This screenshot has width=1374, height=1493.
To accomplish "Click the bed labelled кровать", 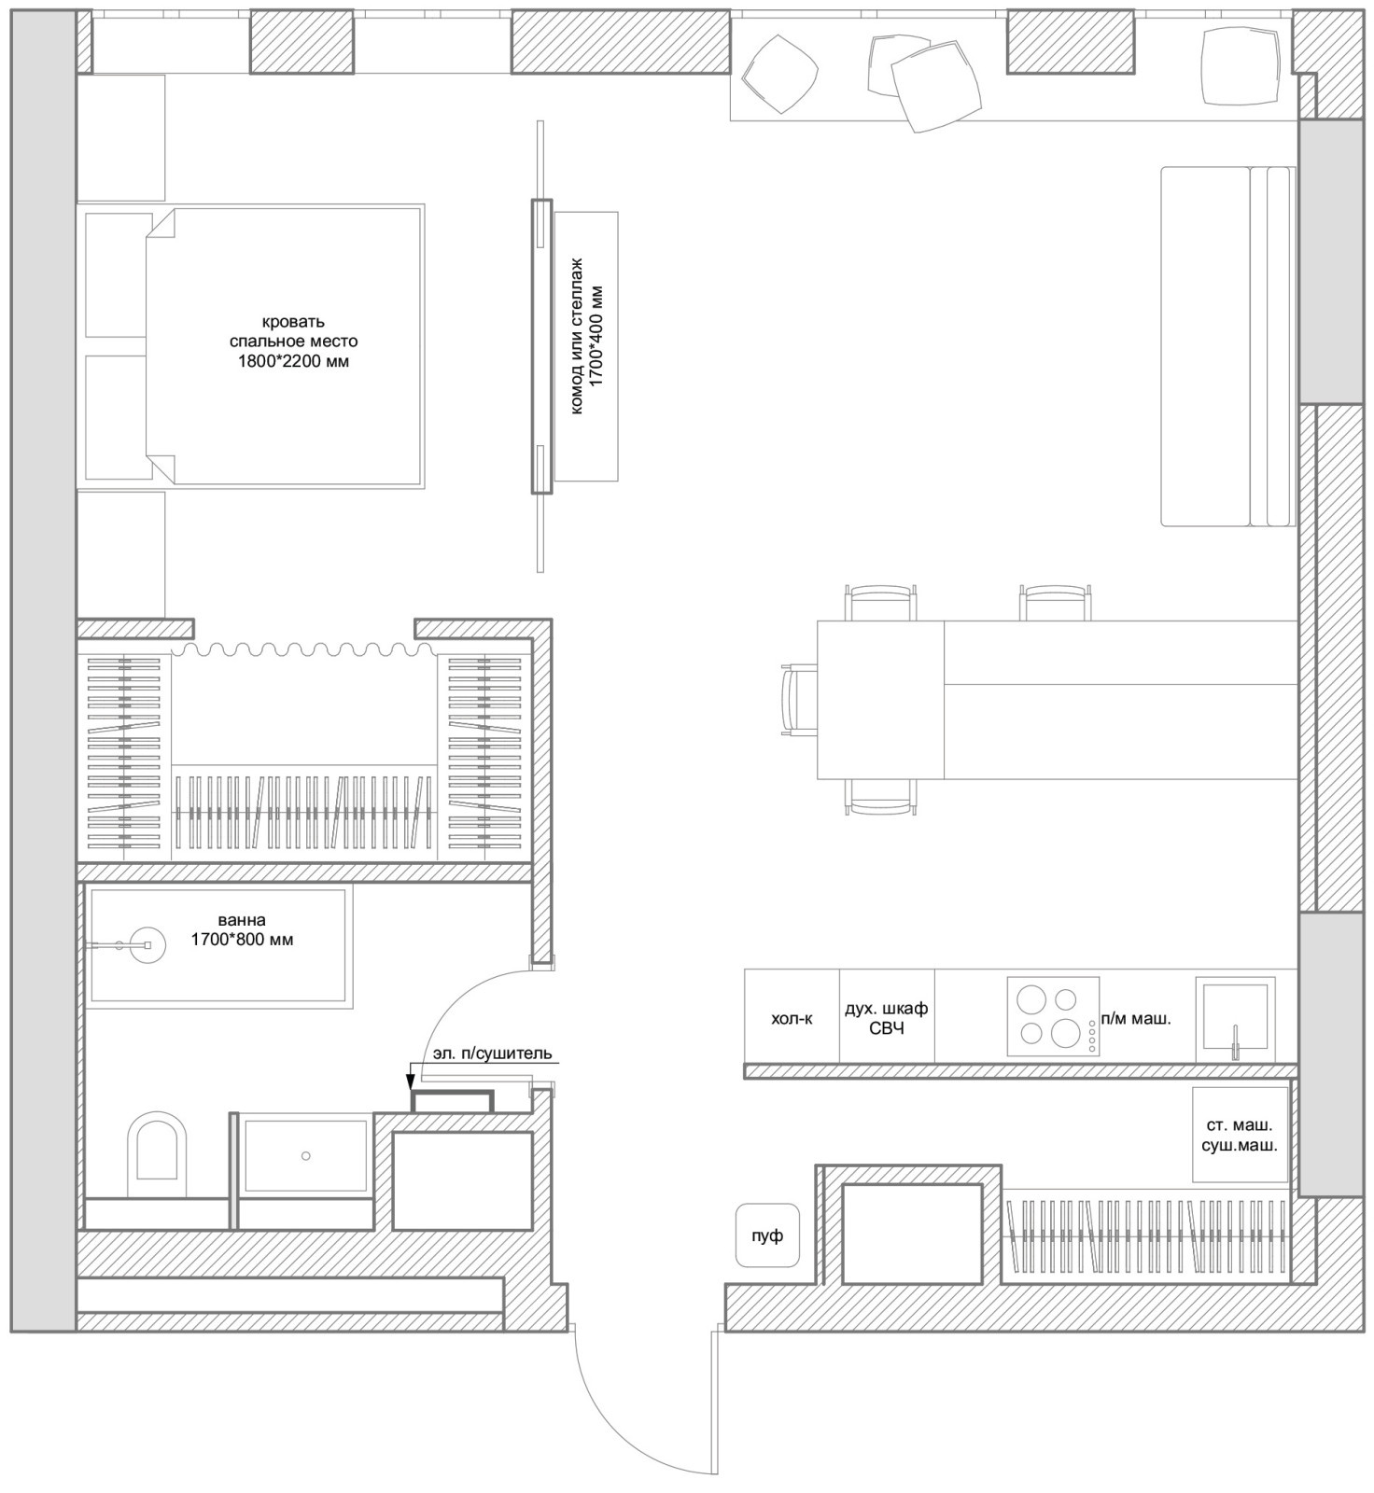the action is point(285,346).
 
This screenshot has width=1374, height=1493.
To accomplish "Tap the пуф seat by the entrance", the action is point(767,1235).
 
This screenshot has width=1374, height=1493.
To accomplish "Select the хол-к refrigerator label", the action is point(792,1018).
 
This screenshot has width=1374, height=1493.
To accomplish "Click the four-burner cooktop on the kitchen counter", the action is point(1053,1016).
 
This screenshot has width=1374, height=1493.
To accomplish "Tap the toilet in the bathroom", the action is point(158,1153).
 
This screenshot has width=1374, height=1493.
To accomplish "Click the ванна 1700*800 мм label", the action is point(242,930).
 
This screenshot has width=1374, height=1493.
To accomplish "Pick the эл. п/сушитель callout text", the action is point(493,1053).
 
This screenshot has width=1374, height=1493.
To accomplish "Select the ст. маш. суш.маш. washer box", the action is point(1240,1135).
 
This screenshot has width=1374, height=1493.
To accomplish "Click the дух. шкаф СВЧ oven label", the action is point(886,1018).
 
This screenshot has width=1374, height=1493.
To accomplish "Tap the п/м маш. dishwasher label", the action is point(1136,1019).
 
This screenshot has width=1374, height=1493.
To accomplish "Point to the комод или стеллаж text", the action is point(577,336).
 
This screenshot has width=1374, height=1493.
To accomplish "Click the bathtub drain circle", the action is point(147,945).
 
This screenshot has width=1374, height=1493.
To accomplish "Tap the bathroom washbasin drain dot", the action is point(305,1156).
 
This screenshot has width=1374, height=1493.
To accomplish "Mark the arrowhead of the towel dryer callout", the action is point(409,1082).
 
